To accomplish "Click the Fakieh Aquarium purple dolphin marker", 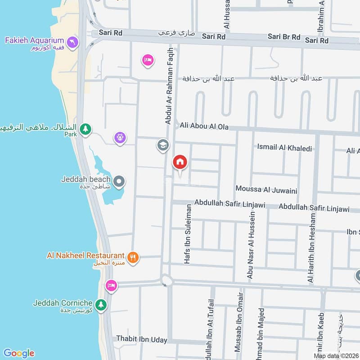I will pyautogui.click(x=72, y=43).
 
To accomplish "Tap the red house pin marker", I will pyautogui.click(x=180, y=162).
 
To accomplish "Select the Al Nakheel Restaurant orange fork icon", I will pyautogui.click(x=133, y=257).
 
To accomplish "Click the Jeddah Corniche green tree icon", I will pyautogui.click(x=101, y=304).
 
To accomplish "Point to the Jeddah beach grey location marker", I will pyautogui.click(x=119, y=182).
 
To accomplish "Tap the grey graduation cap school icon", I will pyautogui.click(x=162, y=145).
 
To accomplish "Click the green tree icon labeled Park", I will pyautogui.click(x=85, y=130).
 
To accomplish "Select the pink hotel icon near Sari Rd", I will pyautogui.click(x=148, y=60).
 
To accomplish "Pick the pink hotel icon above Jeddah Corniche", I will pyautogui.click(x=111, y=285).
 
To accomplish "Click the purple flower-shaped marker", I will pyautogui.click(x=119, y=137).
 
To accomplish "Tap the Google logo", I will pyautogui.click(x=19, y=353).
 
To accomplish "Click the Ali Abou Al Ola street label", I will pyautogui.click(x=204, y=126).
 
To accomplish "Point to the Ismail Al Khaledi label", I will pyautogui.click(x=284, y=147).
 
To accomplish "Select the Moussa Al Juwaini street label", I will pyautogui.click(x=266, y=190).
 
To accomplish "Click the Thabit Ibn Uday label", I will pyautogui.click(x=142, y=339).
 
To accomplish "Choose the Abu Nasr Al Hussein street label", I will pyautogui.click(x=252, y=245).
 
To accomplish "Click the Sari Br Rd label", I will pyautogui.click(x=283, y=36).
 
